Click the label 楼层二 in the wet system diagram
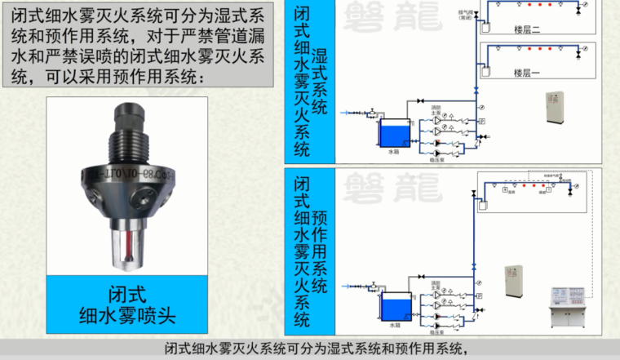click(x=527, y=30)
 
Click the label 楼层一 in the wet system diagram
click(x=527, y=73)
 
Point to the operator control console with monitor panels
click(x=569, y=306)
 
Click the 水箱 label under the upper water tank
click(x=393, y=152)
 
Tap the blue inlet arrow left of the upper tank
click(x=351, y=111)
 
